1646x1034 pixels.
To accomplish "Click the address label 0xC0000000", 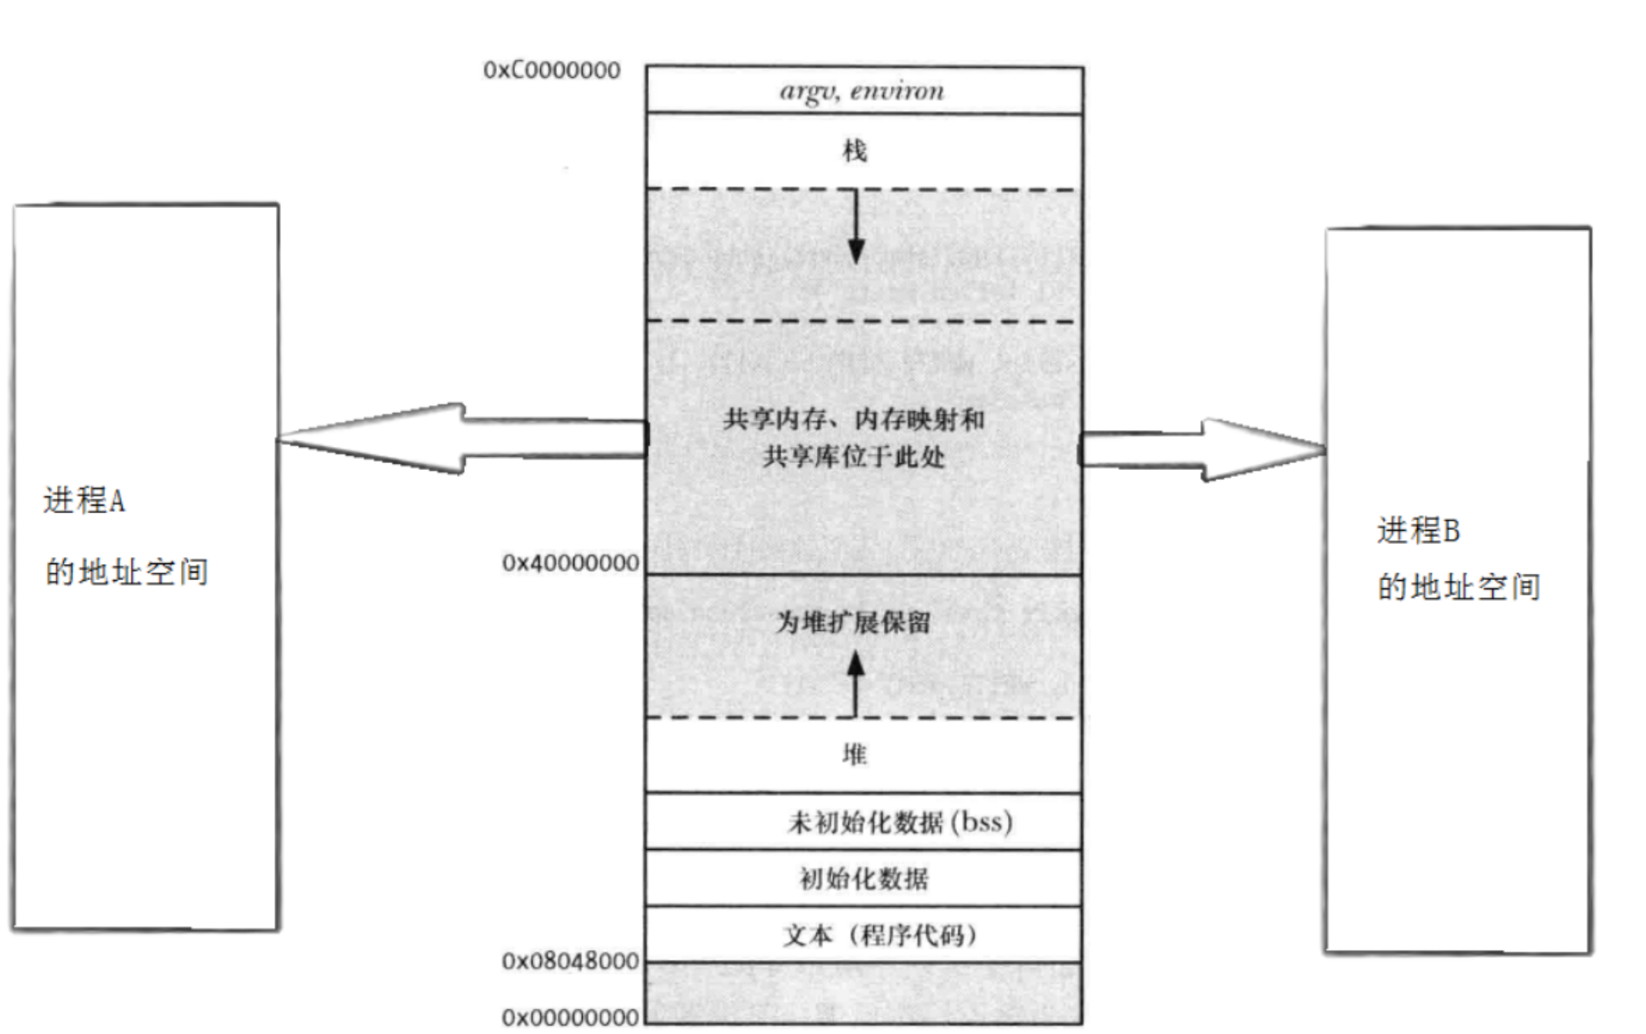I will [551, 70].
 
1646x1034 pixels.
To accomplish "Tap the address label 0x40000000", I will [570, 563].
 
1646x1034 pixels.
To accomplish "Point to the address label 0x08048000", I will [570, 962].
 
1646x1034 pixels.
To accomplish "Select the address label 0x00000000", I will [570, 1018].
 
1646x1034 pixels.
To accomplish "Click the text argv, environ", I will [862, 91].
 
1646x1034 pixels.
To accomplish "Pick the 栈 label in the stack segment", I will [855, 151].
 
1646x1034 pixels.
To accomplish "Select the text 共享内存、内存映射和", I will [853, 420].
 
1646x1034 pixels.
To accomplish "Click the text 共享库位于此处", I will [853, 457].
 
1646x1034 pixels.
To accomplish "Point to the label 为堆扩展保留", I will [853, 623].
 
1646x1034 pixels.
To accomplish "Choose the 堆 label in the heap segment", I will [855, 754].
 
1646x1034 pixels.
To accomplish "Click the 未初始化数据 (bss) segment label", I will [899, 823].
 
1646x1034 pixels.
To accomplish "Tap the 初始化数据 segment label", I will [864, 878].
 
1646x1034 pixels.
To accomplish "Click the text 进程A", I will [84, 502].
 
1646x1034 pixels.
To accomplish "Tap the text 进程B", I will [1418, 531].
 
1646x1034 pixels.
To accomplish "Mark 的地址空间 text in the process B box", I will [1458, 588].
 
